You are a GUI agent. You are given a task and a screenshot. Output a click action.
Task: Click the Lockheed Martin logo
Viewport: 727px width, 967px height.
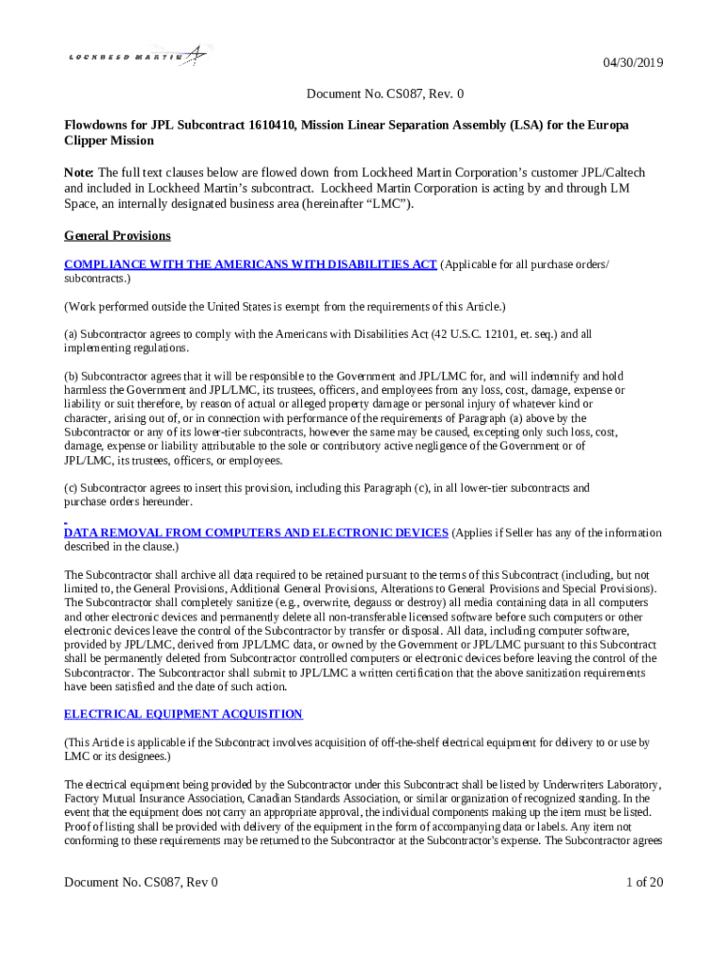(138, 56)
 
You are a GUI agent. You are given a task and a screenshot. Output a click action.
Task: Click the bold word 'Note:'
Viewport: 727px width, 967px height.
(79, 173)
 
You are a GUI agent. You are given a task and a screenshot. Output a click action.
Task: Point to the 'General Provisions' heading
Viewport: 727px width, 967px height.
(117, 235)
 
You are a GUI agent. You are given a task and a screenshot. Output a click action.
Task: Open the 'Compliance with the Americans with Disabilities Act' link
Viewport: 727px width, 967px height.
(250, 264)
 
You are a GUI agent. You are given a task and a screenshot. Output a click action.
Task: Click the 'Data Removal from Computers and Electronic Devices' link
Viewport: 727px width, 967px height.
(256, 533)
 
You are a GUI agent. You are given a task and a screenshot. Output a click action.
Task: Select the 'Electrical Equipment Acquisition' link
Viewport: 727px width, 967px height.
(183, 714)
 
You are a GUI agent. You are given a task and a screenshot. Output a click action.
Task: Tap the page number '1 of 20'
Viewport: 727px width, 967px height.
(645, 882)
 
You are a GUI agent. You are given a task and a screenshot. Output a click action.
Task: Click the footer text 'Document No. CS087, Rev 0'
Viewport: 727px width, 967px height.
(141, 882)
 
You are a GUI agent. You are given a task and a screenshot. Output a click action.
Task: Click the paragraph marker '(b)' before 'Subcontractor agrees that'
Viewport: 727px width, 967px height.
(71, 376)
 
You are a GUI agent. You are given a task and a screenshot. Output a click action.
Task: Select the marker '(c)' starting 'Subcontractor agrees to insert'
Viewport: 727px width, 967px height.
(71, 488)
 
